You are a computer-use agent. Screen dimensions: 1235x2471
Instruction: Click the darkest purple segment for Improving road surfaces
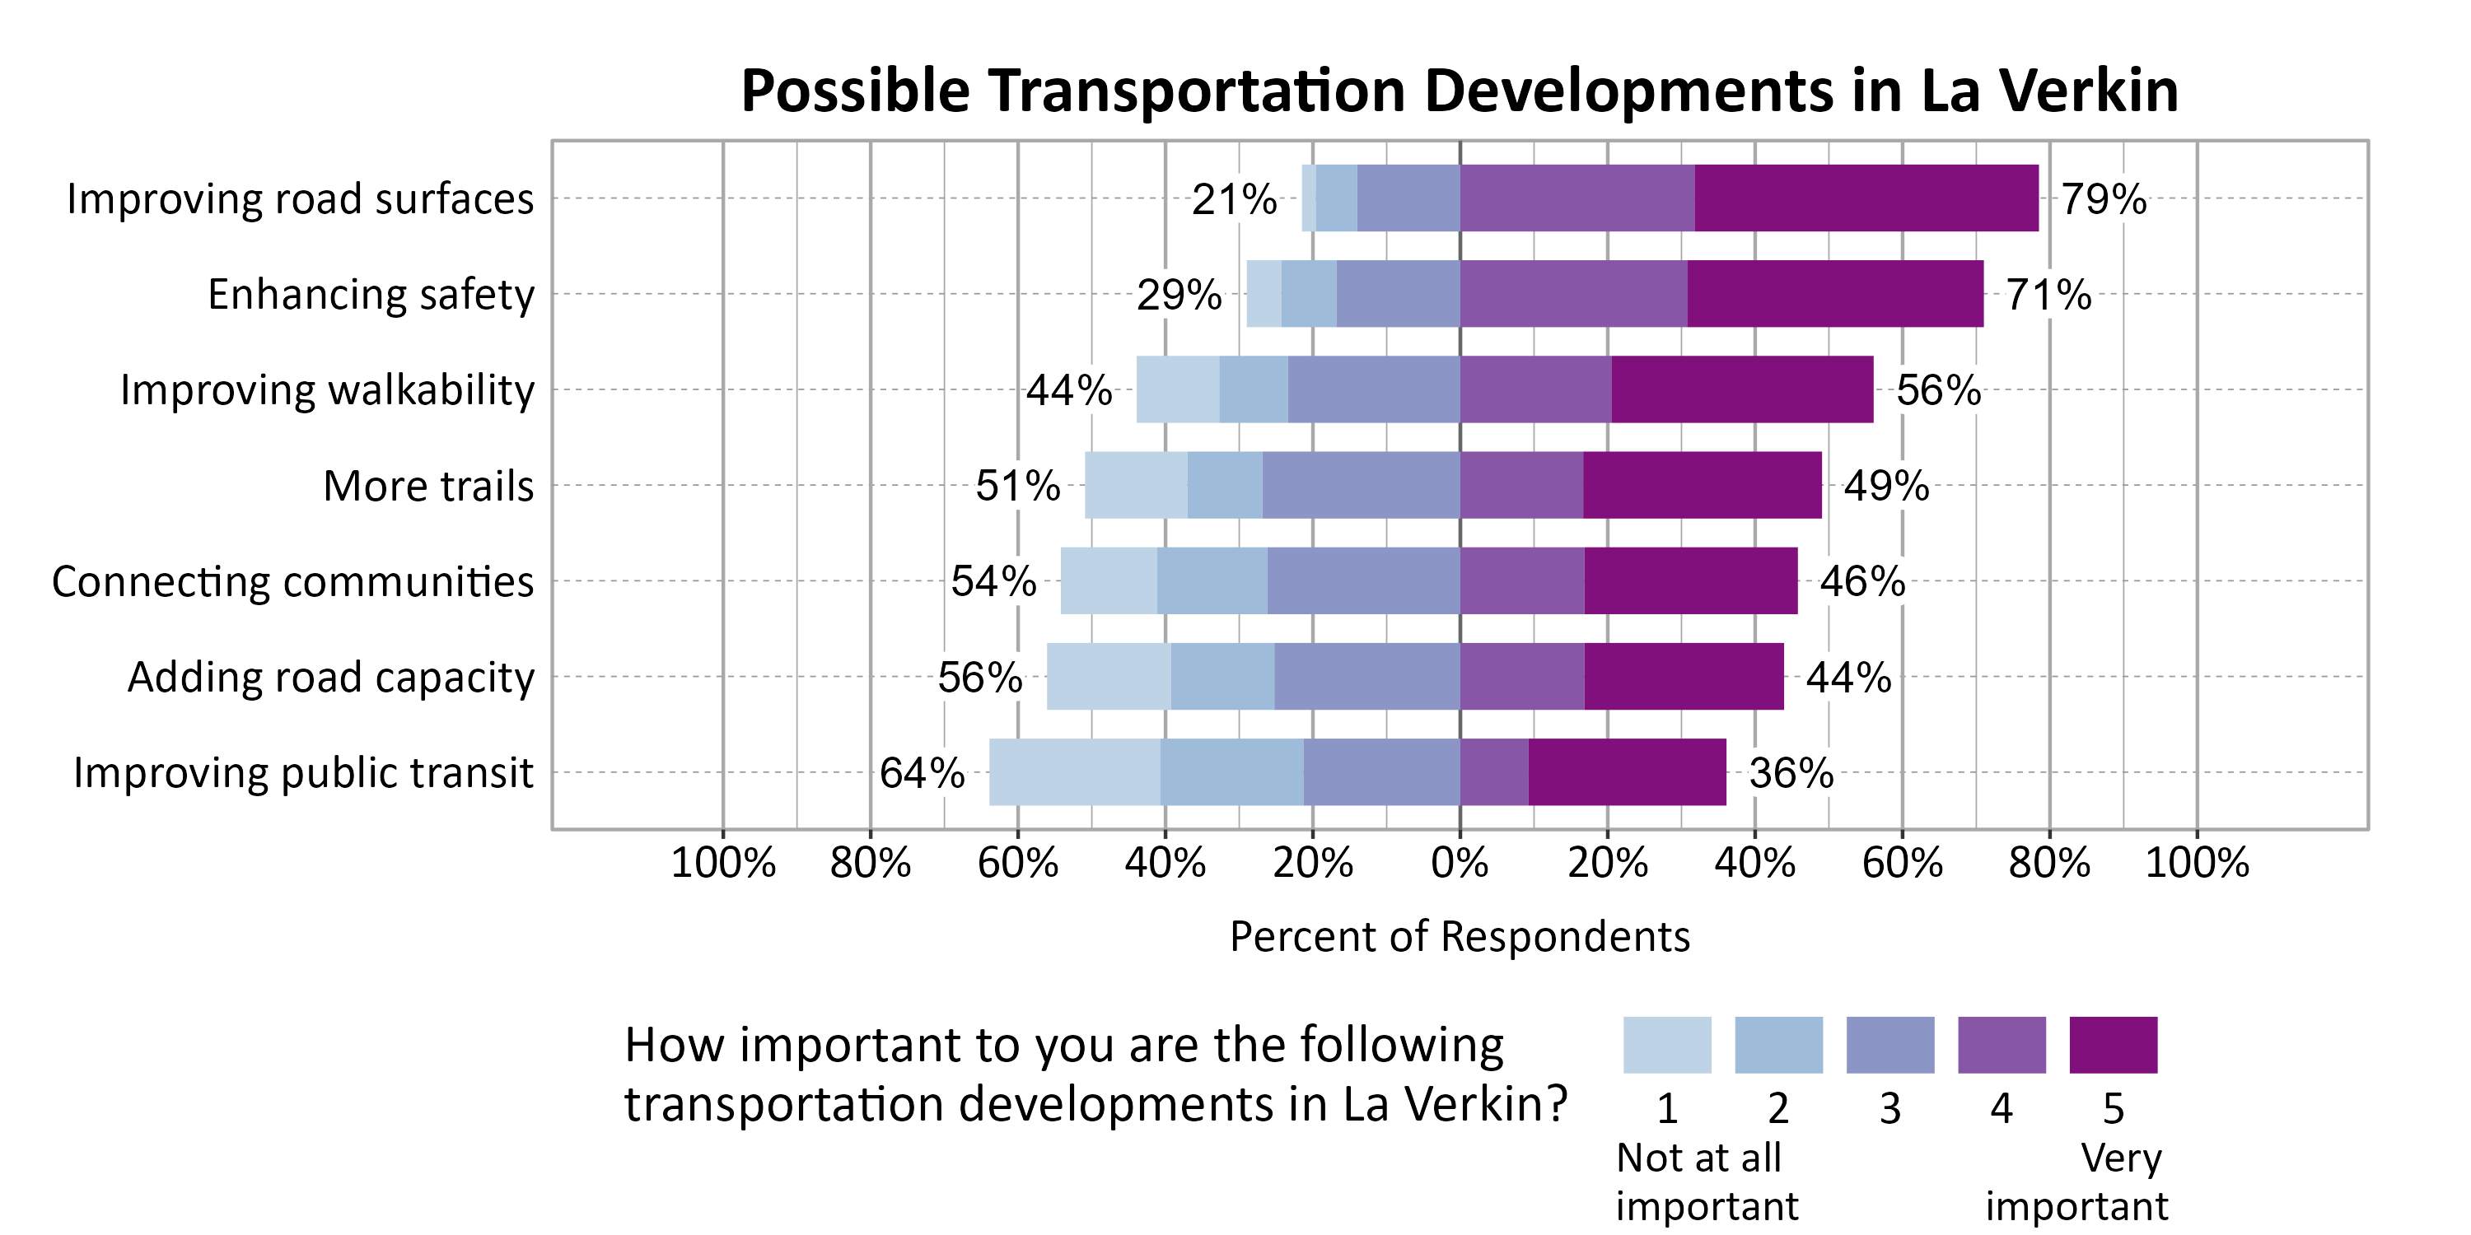(x=1866, y=198)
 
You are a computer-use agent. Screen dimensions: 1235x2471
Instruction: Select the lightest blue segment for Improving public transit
(x=1073, y=772)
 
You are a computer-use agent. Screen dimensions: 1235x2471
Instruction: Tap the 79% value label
(x=2103, y=199)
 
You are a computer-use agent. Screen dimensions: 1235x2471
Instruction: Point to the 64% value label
(x=922, y=773)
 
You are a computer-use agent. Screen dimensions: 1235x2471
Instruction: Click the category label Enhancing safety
(x=371, y=295)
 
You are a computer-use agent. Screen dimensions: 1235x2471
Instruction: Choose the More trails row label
(x=427, y=486)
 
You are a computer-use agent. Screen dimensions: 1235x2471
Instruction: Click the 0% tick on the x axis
(x=1459, y=863)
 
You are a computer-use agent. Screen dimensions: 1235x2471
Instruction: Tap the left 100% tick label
(x=722, y=863)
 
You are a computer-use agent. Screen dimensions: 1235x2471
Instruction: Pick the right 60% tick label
(x=1901, y=863)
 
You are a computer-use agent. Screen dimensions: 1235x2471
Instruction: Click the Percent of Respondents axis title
(x=1459, y=937)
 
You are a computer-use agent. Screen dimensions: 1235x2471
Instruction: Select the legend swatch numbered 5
(x=2114, y=1045)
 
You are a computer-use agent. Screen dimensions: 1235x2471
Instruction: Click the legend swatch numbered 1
(x=1666, y=1045)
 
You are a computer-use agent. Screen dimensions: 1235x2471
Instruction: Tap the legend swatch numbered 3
(x=1889, y=1045)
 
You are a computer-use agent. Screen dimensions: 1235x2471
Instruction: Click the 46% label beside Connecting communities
(x=1861, y=581)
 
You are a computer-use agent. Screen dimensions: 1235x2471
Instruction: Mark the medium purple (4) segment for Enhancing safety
(x=1573, y=293)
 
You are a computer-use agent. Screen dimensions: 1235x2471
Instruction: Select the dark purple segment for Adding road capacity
(x=1684, y=676)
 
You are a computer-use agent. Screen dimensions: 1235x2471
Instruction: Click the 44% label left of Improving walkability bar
(x=1068, y=390)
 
